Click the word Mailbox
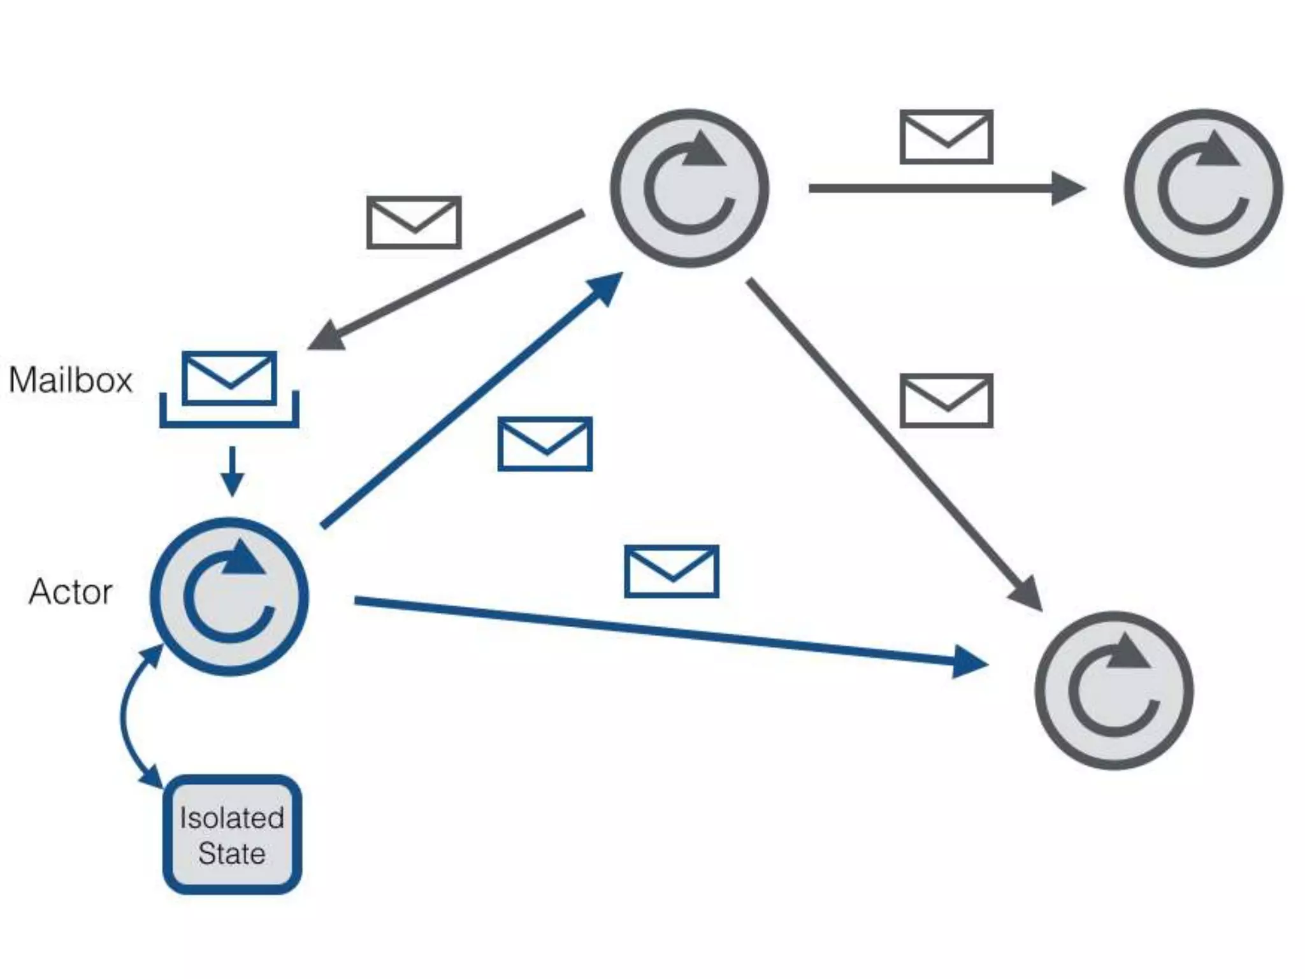71,380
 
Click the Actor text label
71,591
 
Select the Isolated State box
232,834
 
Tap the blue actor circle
229,597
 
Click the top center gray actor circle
689,188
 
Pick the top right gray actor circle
1203,188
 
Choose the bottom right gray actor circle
1114,690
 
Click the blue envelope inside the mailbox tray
229,377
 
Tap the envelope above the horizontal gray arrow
946,137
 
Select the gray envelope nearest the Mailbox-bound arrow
414,222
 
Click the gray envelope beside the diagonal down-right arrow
946,400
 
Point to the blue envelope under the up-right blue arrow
545,444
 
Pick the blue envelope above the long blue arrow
672,571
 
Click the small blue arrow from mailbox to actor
232,472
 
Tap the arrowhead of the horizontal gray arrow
1068,188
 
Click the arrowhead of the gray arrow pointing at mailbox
328,336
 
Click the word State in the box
232,853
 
